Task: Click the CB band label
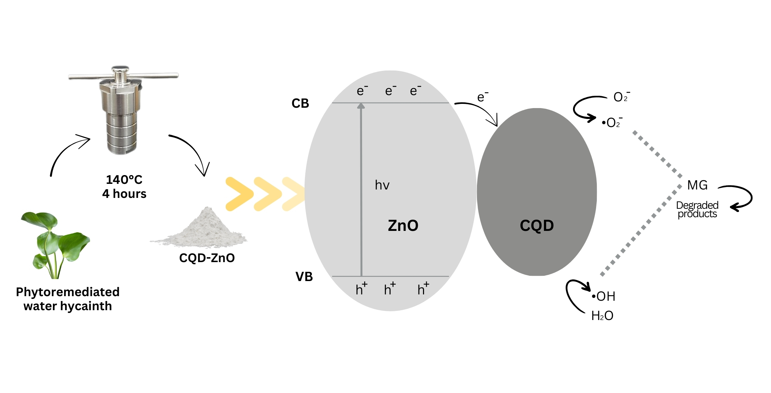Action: point(300,104)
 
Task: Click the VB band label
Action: point(304,277)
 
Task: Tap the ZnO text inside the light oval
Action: point(403,226)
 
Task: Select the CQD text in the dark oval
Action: point(537,226)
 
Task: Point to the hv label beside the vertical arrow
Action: point(382,185)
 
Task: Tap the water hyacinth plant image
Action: point(56,244)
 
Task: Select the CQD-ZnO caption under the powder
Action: point(207,258)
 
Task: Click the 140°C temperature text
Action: point(124,180)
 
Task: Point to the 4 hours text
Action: point(124,194)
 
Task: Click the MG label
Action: point(697,185)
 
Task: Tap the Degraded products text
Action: point(697,209)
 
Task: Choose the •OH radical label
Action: point(603,297)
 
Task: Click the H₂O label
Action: point(602,316)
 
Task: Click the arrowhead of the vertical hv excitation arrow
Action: point(361,106)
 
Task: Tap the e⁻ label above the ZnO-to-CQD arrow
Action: point(482,97)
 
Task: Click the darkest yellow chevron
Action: point(239,194)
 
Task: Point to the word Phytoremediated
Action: point(68,292)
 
